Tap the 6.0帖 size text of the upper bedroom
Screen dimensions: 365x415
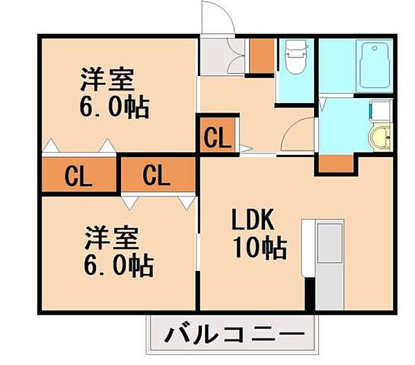113,107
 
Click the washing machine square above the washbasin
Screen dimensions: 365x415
380,111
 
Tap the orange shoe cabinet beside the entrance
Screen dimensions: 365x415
261,57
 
